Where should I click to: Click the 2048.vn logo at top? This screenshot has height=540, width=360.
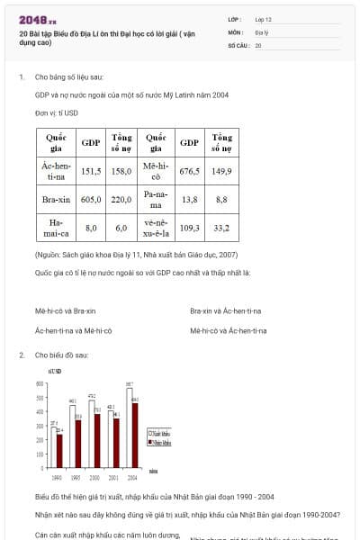[x=38, y=18]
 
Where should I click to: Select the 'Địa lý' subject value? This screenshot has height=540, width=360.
[x=260, y=31]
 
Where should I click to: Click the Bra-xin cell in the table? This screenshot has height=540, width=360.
[x=57, y=199]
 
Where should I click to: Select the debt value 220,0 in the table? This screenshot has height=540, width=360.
[x=121, y=199]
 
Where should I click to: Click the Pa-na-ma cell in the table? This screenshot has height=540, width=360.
[x=155, y=199]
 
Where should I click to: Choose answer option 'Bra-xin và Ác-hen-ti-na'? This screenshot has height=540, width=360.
[x=225, y=310]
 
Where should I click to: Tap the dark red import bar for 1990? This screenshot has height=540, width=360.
[x=59, y=447]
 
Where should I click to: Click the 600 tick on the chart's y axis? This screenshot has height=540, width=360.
[x=40, y=384]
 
